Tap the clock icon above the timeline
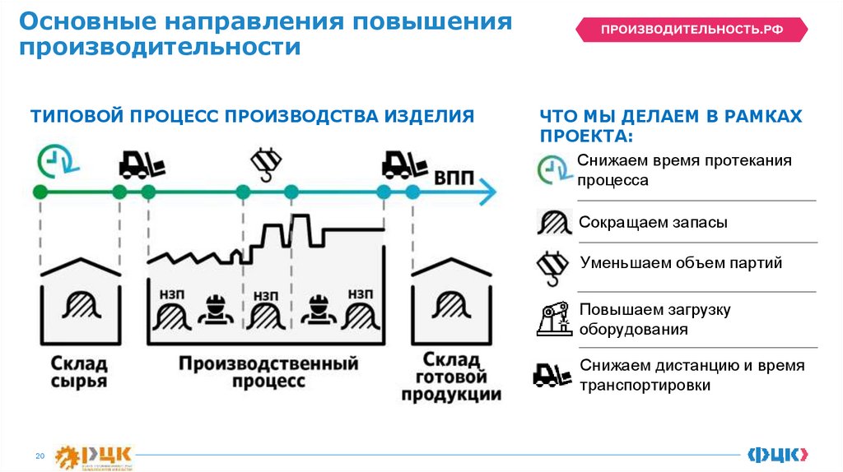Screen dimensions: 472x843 point(54,160)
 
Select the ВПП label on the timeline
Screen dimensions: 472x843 point(454,177)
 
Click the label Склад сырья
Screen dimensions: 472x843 point(79,372)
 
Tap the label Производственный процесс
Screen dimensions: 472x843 point(268,372)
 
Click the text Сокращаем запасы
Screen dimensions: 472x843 point(653,223)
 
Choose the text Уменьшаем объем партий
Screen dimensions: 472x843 point(681,264)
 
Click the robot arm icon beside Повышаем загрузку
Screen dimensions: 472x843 point(553,318)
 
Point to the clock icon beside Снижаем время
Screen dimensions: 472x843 point(553,169)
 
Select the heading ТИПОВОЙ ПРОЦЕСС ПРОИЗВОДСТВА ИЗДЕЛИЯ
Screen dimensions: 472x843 point(253,116)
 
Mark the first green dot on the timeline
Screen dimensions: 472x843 point(39,192)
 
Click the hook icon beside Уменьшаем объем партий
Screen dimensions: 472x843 point(550,266)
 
